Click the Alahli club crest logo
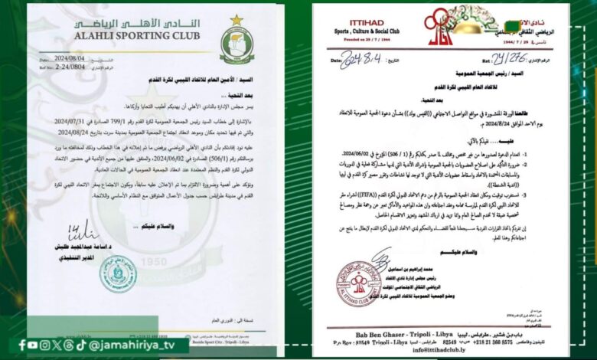[x=237, y=44]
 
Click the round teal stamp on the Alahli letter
[x=119, y=273]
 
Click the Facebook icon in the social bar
[x=22, y=345]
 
